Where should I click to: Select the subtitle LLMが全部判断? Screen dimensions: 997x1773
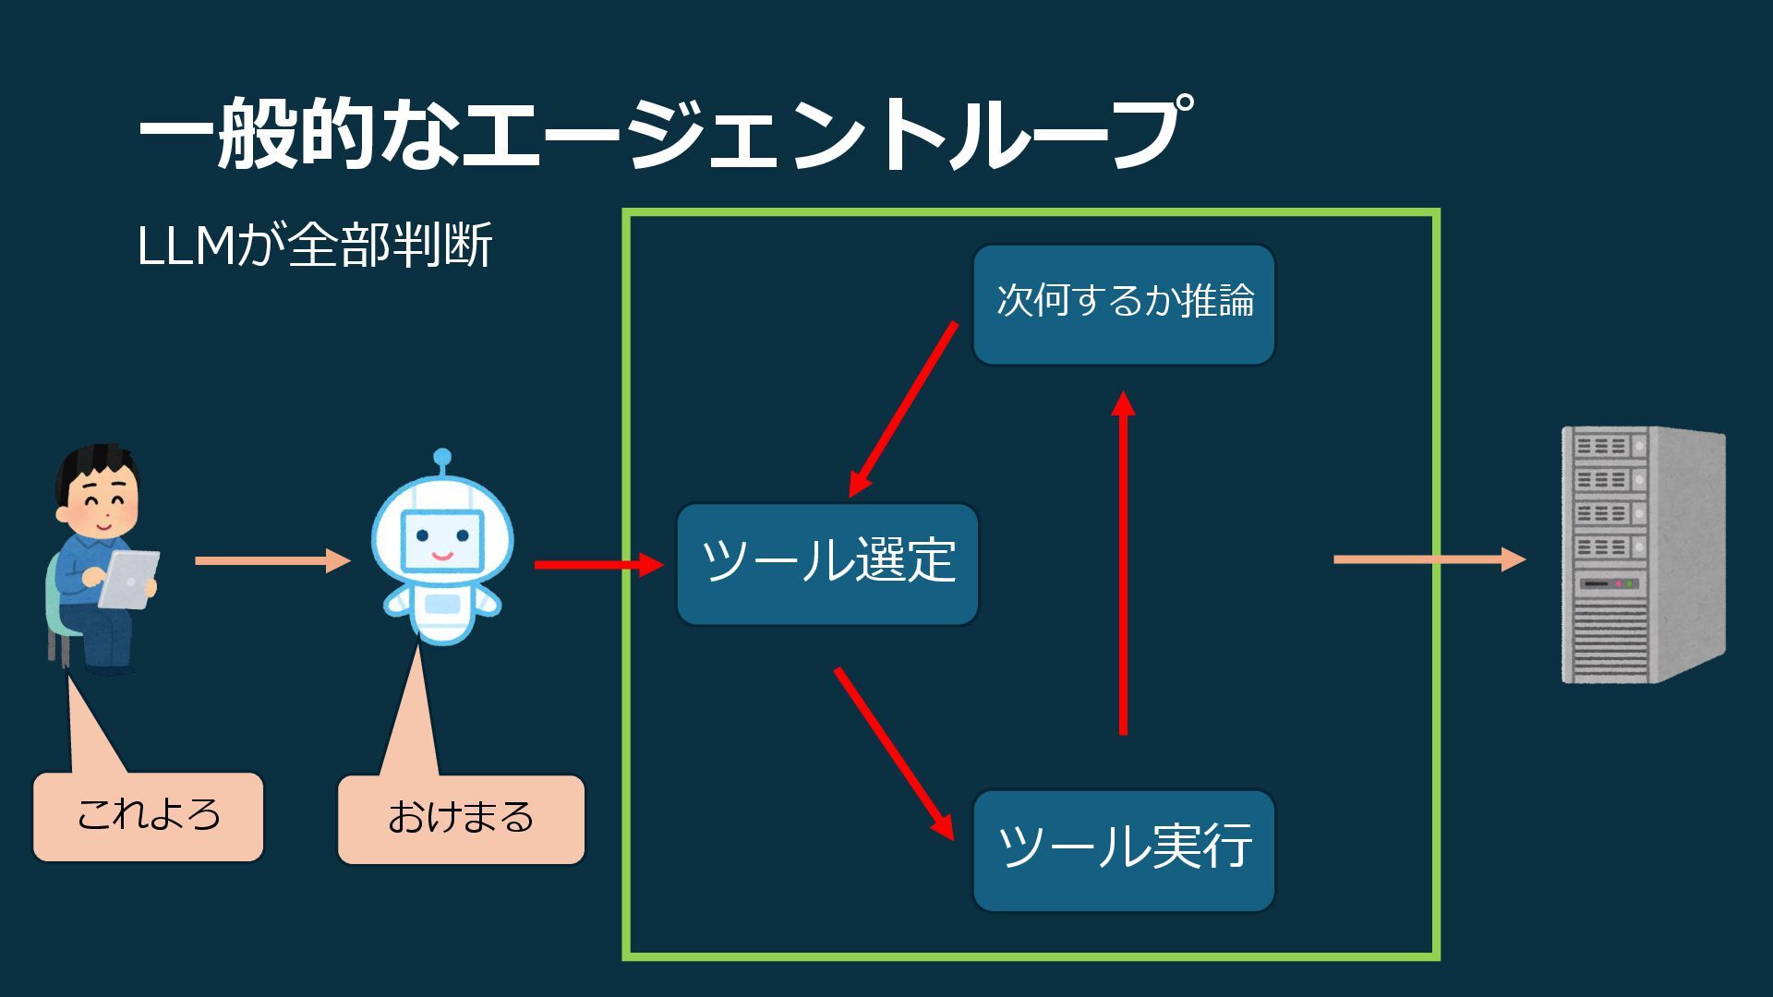pos(314,246)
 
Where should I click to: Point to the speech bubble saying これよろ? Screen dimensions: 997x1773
pos(149,817)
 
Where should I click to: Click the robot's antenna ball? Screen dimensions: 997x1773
pos(442,457)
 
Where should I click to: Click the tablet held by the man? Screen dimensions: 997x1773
pos(129,579)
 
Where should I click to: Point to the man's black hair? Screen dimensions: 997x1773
pos(97,462)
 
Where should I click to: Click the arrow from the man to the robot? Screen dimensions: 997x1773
pos(272,560)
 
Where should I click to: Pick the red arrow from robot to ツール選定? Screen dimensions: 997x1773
pos(598,565)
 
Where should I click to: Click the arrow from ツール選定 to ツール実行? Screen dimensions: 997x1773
pos(894,753)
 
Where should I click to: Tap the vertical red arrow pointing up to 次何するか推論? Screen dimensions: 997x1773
pos(1123,563)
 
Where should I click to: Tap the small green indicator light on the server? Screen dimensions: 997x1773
pos(1630,583)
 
